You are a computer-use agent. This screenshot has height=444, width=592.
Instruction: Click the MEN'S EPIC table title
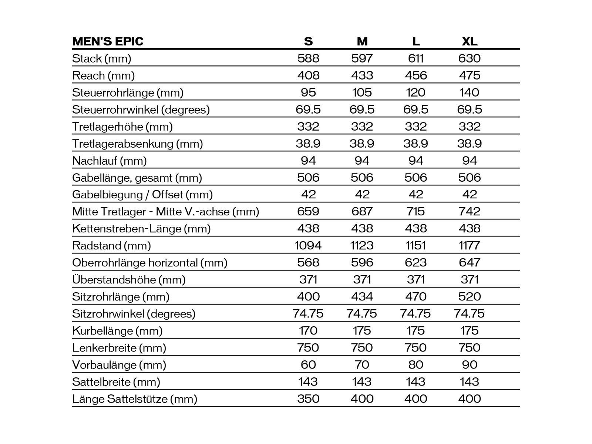pos(108,41)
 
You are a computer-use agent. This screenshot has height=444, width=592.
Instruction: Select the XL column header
pos(470,41)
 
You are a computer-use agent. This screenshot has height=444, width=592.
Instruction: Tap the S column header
pos(308,41)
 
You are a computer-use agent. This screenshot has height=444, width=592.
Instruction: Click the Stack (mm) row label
pos(102,58)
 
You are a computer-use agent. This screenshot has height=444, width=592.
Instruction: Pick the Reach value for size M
pos(362,75)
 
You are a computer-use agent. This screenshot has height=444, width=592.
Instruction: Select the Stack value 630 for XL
pos(470,58)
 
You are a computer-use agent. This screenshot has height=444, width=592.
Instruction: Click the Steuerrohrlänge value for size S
pos(308,92)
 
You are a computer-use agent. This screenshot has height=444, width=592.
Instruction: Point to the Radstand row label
pos(111,246)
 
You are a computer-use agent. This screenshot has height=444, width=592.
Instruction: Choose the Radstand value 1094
pos(308,246)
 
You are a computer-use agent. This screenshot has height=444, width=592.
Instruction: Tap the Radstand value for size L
pos(416,246)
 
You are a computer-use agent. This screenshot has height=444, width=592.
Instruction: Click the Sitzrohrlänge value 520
pos(470,297)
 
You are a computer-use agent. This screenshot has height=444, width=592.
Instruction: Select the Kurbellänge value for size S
pos(308,331)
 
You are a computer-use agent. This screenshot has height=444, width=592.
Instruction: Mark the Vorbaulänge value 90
pos(470,365)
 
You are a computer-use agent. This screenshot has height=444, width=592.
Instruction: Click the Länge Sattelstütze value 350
pos(308,399)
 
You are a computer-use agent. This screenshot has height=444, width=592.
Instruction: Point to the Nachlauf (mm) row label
pos(110,161)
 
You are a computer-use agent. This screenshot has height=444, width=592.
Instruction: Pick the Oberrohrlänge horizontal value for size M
pos(362,263)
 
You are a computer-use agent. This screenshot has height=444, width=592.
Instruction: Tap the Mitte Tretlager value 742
pos(470,212)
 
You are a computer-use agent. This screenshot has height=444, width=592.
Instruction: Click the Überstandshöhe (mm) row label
pos(129,280)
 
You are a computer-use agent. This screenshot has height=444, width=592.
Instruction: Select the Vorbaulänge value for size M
pos(362,365)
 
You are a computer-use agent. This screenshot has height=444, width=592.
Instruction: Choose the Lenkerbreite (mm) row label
pos(119,348)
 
